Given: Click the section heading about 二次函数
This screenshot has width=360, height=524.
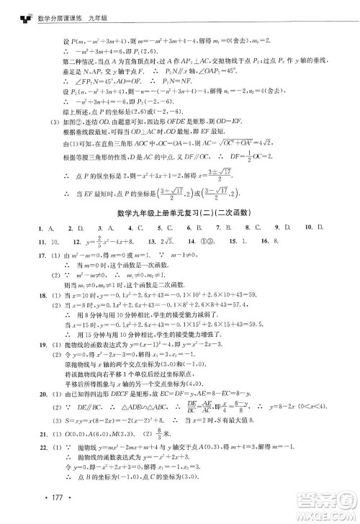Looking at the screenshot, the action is [x=180, y=212].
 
